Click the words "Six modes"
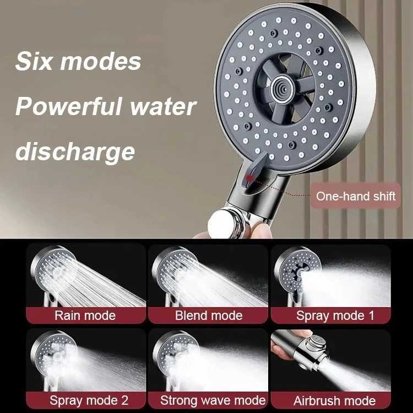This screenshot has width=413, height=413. (78, 61)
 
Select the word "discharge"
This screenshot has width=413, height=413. (75, 150)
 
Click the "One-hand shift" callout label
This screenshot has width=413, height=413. (355, 196)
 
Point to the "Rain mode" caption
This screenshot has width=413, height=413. (85, 316)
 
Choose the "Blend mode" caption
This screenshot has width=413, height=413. (209, 316)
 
